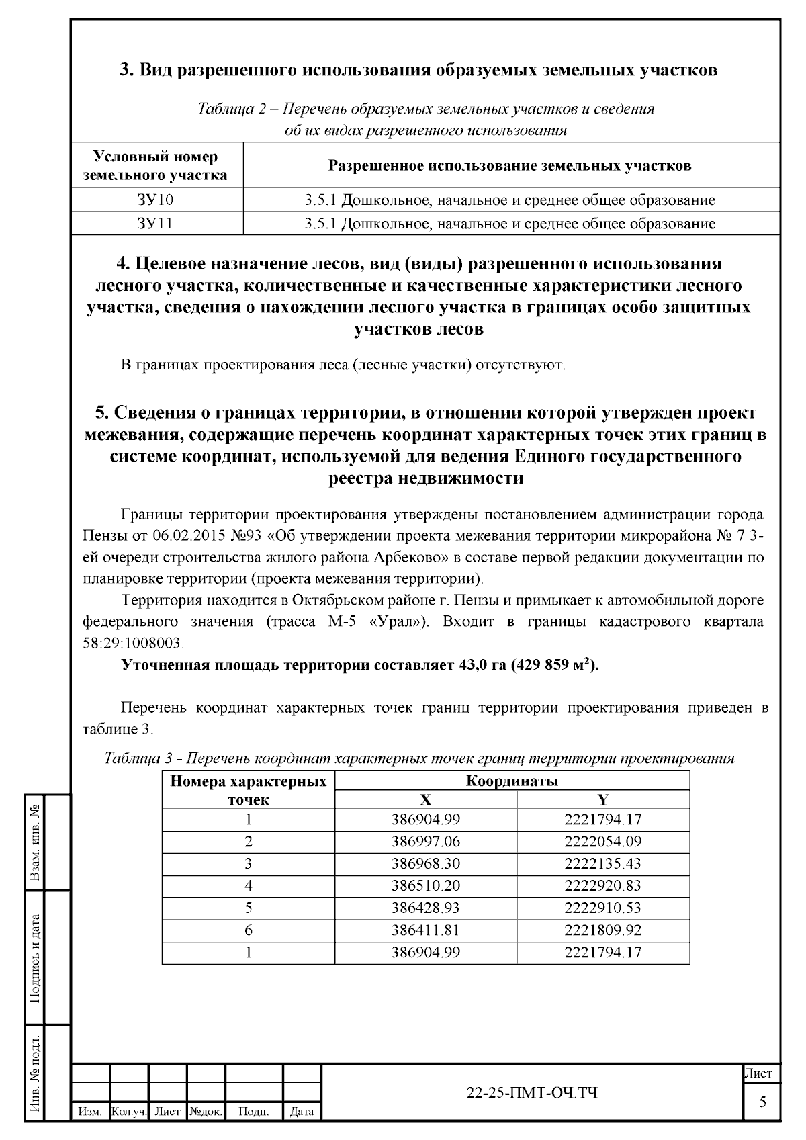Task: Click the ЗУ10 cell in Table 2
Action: [156, 200]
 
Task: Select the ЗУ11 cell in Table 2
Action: [156, 223]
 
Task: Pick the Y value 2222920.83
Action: [602, 885]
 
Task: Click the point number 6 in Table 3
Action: [248, 930]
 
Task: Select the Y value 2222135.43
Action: [602, 863]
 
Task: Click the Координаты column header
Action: [512, 781]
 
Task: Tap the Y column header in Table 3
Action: [602, 799]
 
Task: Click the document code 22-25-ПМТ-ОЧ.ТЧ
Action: [532, 1093]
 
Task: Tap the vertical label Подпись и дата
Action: [35, 957]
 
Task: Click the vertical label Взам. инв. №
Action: [35, 843]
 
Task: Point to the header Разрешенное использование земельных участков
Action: [510, 165]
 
